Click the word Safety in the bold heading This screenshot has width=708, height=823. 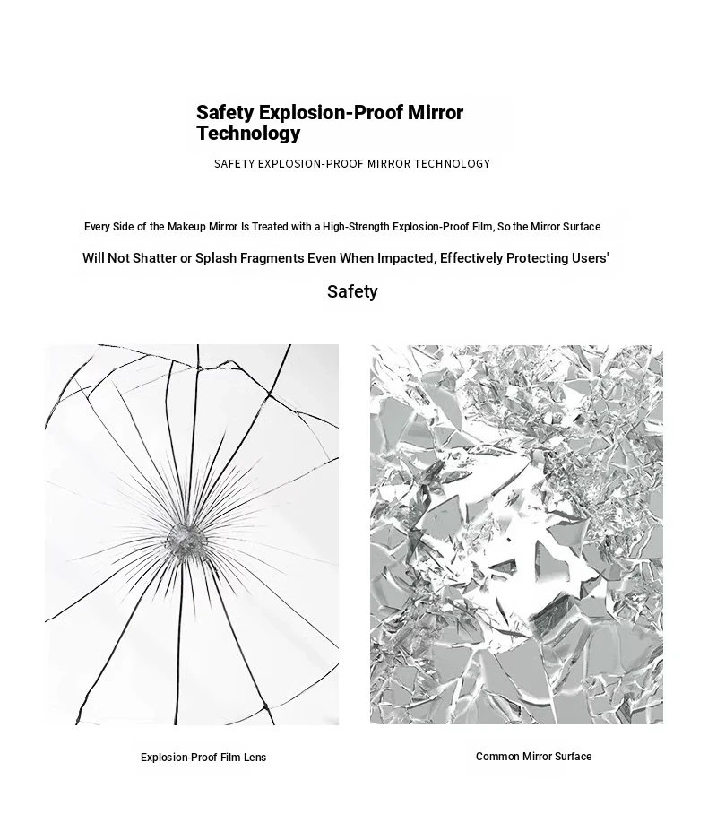[x=225, y=113]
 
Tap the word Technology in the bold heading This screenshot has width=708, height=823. [x=248, y=134]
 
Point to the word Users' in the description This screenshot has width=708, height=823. [x=590, y=258]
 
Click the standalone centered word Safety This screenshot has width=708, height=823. [x=352, y=291]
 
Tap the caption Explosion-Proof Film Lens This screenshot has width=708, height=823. [x=203, y=758]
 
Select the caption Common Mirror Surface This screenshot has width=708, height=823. [x=533, y=757]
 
